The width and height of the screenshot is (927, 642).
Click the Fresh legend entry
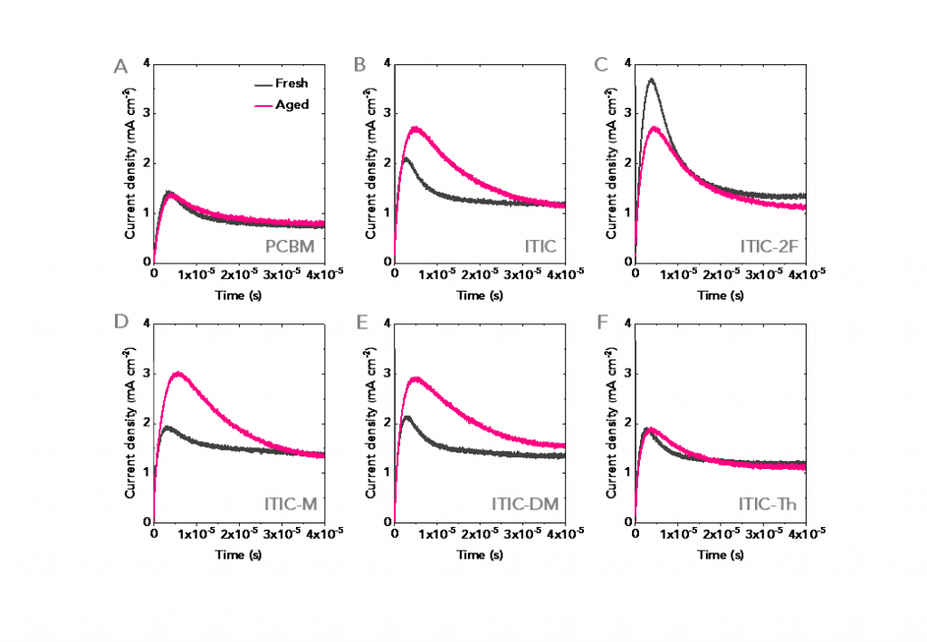pyautogui.click(x=291, y=83)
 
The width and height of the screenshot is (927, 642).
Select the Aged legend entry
pyautogui.click(x=291, y=105)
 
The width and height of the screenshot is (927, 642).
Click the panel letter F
pyautogui.click(x=600, y=324)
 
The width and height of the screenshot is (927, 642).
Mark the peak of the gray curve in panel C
pyautogui.click(x=650, y=80)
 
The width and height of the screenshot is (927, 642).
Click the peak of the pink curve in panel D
pyautogui.click(x=178, y=373)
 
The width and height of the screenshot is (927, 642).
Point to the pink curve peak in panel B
pyautogui.click(x=416, y=129)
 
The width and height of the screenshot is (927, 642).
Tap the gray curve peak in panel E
pyautogui.click(x=408, y=417)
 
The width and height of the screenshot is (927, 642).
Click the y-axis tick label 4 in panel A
pyautogui.click(x=146, y=65)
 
